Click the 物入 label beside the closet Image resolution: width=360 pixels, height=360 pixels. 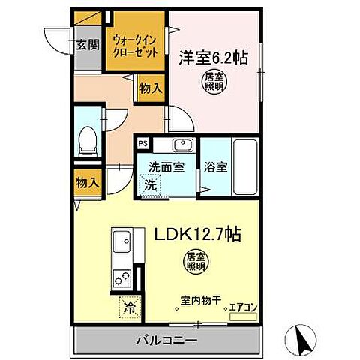(x=150, y=88)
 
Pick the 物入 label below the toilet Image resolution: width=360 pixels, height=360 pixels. (x=86, y=182)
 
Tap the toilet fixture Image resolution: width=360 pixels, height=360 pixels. (x=87, y=139)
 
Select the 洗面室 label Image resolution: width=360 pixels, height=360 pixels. (x=165, y=167)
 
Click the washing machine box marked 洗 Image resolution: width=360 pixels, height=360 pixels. (x=150, y=184)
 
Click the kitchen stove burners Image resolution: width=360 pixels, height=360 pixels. (x=122, y=280)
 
